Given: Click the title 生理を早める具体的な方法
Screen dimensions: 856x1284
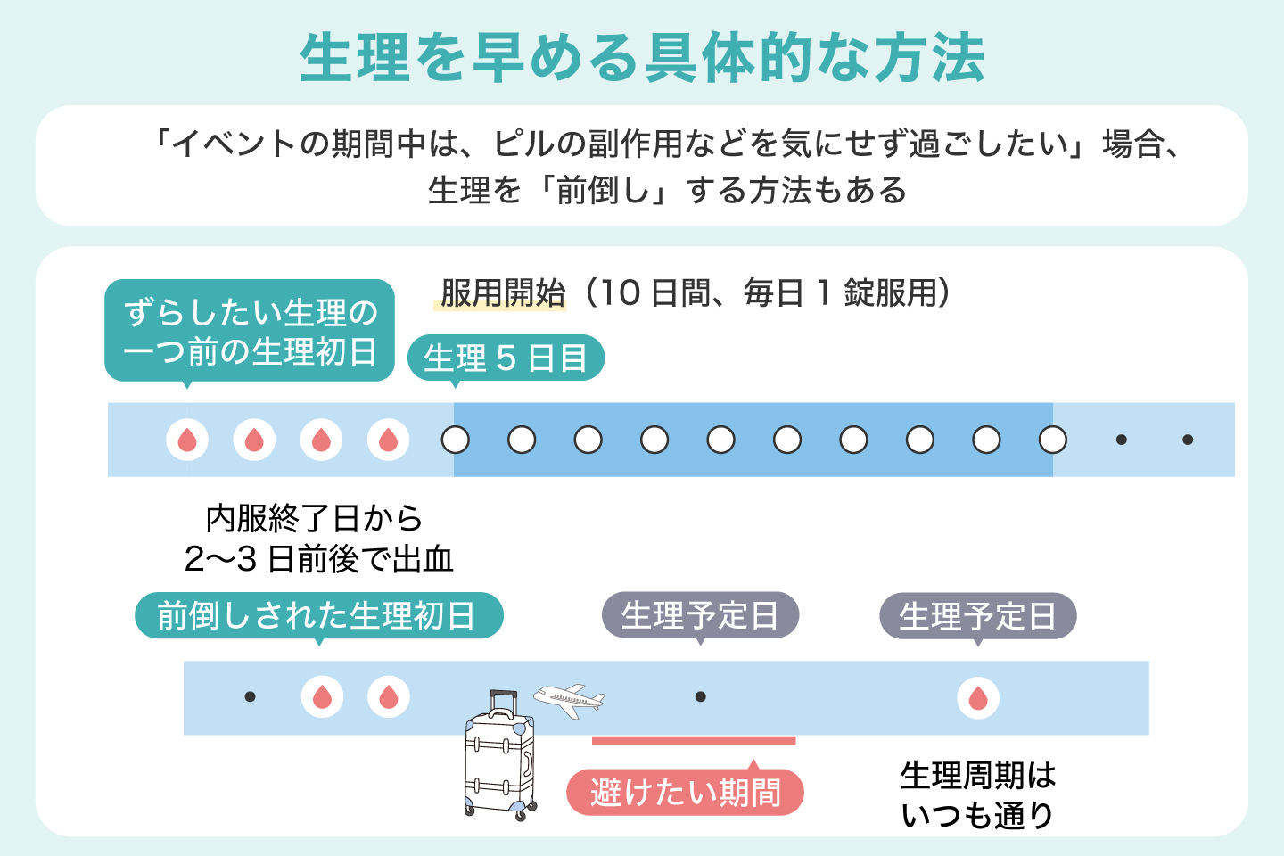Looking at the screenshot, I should [642, 59].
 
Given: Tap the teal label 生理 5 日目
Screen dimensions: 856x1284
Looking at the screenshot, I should [506, 358].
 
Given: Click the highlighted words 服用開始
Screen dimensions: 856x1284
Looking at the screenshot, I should [502, 293].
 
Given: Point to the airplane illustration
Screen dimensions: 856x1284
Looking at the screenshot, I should [569, 700].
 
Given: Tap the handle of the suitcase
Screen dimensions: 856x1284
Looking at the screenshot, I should [503, 701].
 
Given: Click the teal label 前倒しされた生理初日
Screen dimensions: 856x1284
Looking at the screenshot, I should [318, 616].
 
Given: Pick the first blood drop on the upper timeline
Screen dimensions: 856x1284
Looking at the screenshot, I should [187, 440].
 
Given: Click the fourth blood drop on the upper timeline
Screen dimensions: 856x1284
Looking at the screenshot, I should [389, 440].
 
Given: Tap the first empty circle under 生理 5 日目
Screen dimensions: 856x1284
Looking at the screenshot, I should [456, 440].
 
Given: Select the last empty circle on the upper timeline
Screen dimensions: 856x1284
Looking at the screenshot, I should [1053, 440].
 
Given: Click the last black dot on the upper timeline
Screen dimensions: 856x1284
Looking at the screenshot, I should [1188, 440].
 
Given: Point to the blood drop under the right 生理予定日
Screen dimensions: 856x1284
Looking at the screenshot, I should [978, 697].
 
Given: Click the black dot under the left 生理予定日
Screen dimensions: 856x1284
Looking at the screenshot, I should [701, 696].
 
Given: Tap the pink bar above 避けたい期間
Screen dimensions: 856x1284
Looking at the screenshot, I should [694, 741].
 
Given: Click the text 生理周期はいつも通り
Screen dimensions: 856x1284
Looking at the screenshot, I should [978, 794].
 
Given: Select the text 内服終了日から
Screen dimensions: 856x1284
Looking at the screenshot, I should [314, 518].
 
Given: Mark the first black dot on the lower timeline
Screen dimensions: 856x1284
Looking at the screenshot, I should [250, 696].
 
